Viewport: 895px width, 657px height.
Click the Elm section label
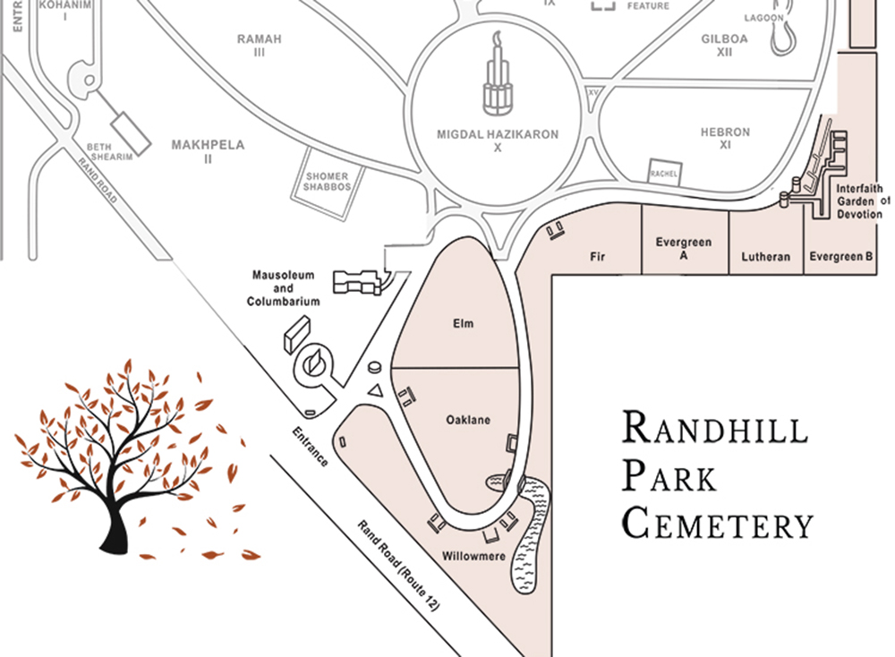[462, 325]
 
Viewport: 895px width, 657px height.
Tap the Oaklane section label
[467, 420]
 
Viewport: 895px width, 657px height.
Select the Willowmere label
[474, 557]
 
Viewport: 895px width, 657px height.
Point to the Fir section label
[598, 257]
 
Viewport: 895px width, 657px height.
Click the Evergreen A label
[683, 249]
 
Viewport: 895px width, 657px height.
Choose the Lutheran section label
[766, 257]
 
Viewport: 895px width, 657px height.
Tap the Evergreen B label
[840, 257]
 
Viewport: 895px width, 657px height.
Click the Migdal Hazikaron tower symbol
[497, 81]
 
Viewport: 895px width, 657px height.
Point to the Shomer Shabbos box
[327, 182]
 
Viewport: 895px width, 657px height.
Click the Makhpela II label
[208, 151]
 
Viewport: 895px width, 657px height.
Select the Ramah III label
[259, 46]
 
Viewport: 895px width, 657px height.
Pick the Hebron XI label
[725, 138]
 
